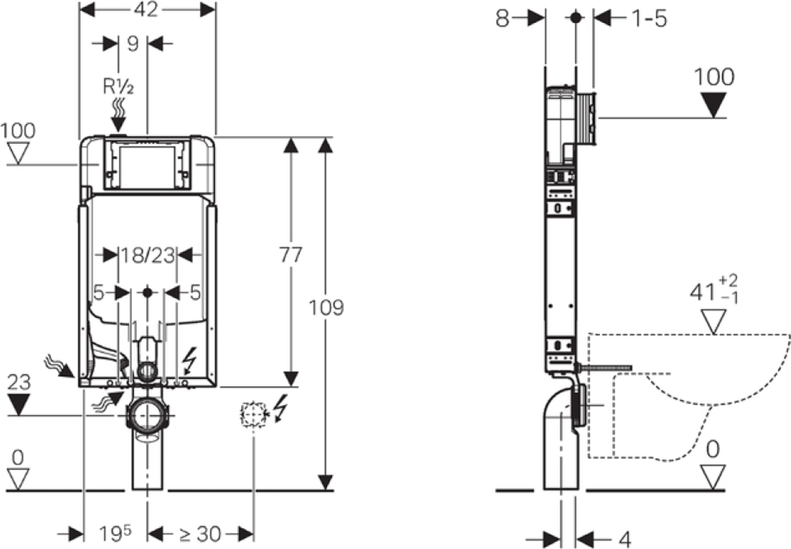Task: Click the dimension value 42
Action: pos(146,10)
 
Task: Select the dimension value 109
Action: pos(326,307)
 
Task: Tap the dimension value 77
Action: pos(291,255)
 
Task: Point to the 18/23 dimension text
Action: pos(148,255)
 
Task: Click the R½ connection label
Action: pos(118,86)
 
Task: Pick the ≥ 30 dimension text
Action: pos(200,534)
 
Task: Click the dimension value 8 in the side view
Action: pos(503,18)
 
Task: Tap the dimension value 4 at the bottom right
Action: pos(625,540)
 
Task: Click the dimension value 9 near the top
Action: pos(132,44)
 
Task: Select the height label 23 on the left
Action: pos(19,382)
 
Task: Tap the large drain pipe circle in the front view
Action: pos(147,415)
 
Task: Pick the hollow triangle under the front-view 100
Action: pos(18,153)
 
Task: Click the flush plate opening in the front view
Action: pos(147,167)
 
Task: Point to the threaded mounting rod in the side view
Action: pos(605,368)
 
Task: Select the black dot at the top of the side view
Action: pos(576,18)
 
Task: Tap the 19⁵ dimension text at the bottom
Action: pos(115,534)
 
